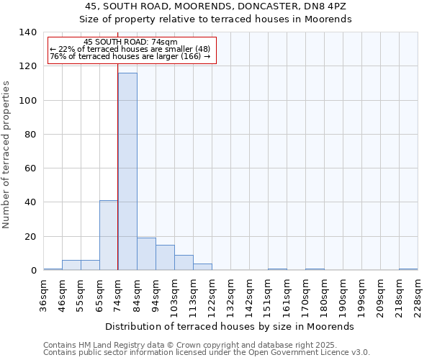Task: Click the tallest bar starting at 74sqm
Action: click(x=127, y=171)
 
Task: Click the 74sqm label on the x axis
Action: click(x=118, y=293)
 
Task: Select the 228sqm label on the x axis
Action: click(x=418, y=294)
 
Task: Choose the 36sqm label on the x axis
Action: click(x=43, y=293)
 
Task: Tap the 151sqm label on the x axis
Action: click(x=268, y=294)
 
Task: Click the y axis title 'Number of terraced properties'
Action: click(x=6, y=154)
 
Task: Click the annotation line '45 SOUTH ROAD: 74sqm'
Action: click(x=130, y=42)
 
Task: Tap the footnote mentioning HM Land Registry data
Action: click(x=190, y=346)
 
